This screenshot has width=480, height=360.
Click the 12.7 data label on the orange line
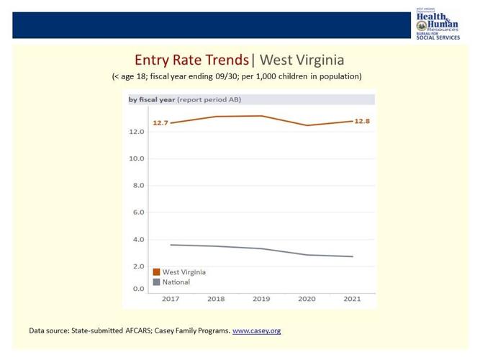(160, 123)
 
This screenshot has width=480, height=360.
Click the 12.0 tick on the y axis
(137, 132)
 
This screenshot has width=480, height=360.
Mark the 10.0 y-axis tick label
(137, 158)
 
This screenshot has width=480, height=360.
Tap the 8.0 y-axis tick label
(138, 186)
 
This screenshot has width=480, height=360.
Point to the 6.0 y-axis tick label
(138, 212)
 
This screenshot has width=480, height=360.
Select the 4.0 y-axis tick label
(138, 239)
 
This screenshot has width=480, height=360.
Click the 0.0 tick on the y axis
(138, 288)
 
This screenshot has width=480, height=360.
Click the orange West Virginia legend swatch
(155, 272)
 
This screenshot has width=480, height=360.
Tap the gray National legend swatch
(155, 283)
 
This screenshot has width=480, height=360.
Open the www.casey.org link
(256, 330)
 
